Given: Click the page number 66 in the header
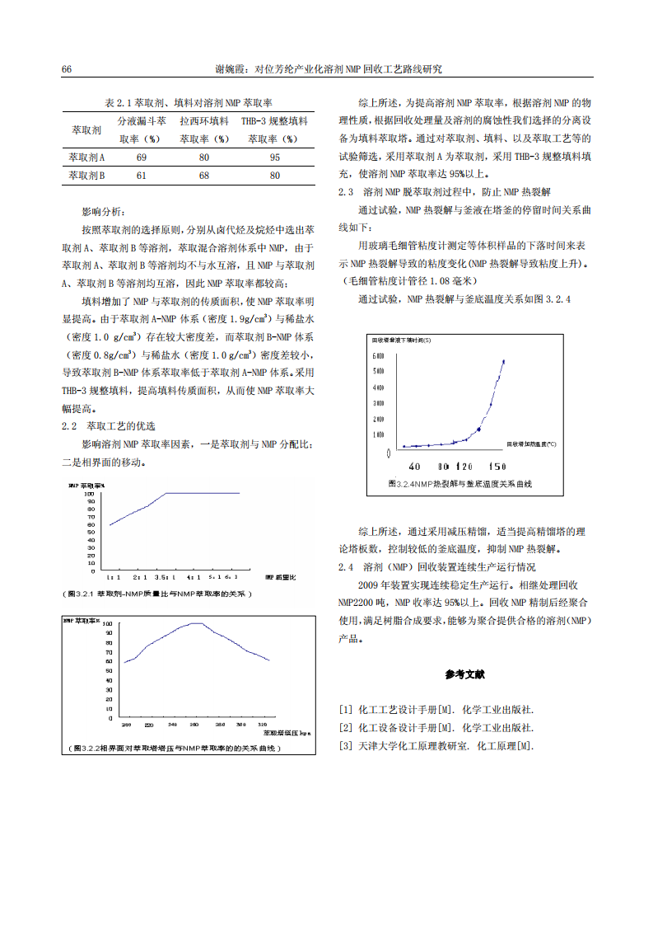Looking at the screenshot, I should (x=67, y=69).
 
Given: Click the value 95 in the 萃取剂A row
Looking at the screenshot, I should (x=274, y=157).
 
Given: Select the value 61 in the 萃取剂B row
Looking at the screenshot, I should (x=142, y=175).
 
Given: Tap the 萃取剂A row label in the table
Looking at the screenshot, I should (x=86, y=157).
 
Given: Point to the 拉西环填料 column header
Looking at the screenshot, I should (x=204, y=121).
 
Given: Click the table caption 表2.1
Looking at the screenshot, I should (x=189, y=103).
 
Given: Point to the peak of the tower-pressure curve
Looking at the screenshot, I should (x=195, y=623).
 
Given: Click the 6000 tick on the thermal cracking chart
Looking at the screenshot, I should (x=379, y=355).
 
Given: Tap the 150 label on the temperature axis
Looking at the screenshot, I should (x=497, y=466).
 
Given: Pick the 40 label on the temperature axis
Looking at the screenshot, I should (x=414, y=466).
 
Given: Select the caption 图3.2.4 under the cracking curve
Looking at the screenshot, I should (x=459, y=484).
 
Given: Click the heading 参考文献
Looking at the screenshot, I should (x=465, y=674).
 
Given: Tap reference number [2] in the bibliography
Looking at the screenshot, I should (x=345, y=727).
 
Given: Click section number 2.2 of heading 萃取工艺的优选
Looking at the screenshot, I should (x=69, y=425).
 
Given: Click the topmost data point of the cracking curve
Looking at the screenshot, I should (x=503, y=361).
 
